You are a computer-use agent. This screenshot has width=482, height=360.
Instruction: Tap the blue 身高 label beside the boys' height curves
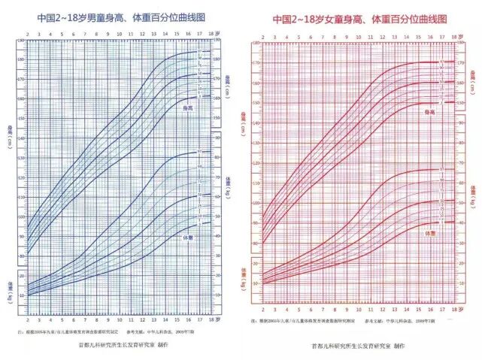(x=192, y=109)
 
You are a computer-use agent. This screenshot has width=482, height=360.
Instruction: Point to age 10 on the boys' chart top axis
(x=123, y=34)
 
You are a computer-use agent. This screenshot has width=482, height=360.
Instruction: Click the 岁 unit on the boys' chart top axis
(x=220, y=34)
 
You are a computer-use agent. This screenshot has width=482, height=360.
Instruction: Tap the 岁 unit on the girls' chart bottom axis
(x=456, y=309)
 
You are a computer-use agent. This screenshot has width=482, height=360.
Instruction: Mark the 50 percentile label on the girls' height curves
(x=442, y=82)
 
